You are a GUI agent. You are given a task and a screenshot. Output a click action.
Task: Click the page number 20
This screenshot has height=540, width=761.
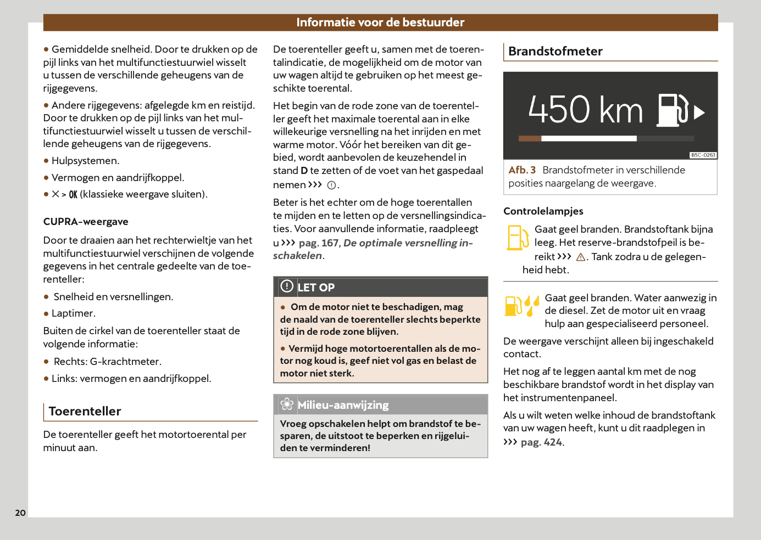point(20,513)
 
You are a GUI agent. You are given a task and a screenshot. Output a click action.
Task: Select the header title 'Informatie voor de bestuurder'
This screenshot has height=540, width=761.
point(380,22)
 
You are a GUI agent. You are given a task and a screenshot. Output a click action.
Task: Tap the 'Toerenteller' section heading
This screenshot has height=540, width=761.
point(85,411)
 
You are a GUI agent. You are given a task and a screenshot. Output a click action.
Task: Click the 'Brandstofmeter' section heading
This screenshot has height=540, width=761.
point(555,52)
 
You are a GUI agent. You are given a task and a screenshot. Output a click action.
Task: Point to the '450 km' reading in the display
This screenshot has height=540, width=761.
point(585,110)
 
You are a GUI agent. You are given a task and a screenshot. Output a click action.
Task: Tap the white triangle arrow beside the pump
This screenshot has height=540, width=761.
point(699,113)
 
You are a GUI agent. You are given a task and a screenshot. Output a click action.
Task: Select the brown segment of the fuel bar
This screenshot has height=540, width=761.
point(530,139)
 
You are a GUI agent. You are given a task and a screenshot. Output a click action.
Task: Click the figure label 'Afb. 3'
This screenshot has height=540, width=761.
point(522,170)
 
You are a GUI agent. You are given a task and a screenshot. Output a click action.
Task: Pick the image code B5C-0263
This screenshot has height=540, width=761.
point(703,155)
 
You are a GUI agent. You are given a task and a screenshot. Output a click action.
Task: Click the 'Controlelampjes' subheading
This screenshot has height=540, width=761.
point(543,211)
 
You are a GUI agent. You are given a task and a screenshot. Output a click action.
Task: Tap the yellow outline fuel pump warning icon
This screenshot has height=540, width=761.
point(518,238)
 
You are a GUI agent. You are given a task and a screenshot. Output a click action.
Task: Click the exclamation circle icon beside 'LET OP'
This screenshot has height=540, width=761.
point(287,286)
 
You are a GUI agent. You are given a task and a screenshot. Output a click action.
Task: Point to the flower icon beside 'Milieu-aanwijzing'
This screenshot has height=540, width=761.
point(287,404)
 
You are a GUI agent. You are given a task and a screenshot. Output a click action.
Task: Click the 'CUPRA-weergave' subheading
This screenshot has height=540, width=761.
point(86,222)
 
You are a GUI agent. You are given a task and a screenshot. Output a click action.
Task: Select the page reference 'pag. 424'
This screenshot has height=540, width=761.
point(541,442)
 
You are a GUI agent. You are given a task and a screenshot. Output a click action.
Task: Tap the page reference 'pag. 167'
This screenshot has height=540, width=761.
point(319,243)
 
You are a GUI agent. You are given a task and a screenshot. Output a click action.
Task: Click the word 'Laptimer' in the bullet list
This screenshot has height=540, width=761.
point(73,313)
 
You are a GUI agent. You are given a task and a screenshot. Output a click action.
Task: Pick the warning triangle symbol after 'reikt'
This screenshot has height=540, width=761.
point(580,257)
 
